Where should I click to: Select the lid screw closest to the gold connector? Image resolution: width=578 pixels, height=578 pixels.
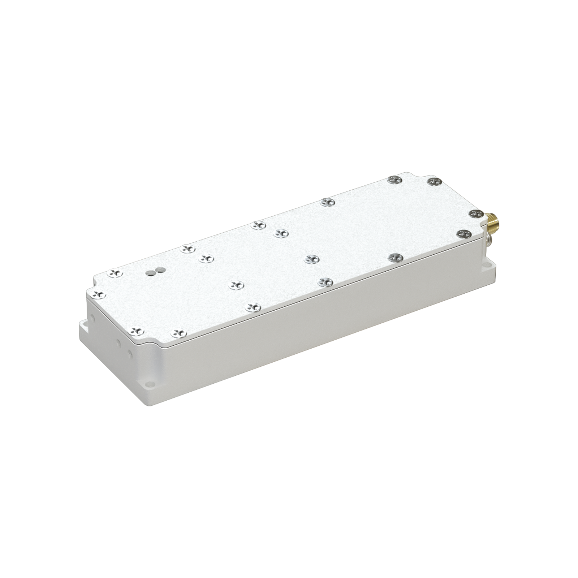click(476, 213)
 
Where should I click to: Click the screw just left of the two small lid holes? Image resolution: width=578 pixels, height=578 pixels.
click(116, 273)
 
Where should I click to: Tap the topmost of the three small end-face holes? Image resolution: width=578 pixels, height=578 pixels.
click(93, 318)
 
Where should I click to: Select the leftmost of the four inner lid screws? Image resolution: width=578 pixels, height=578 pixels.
click(206, 258)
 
